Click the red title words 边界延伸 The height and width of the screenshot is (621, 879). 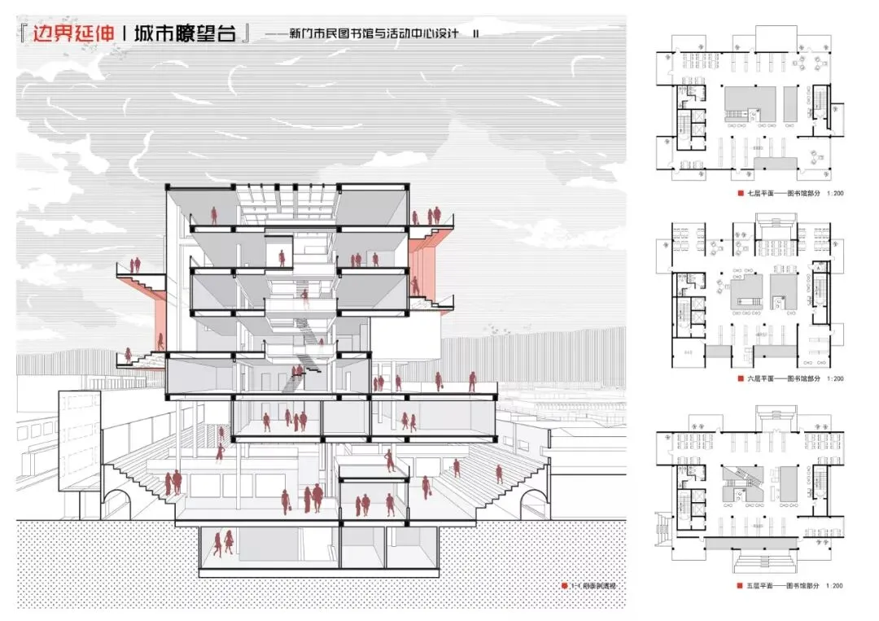(x=71, y=37)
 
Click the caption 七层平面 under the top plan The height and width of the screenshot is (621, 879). (x=757, y=194)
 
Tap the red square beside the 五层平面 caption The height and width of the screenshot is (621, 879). (x=739, y=586)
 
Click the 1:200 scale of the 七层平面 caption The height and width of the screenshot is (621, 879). (x=833, y=194)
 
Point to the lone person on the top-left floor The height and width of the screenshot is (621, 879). (x=214, y=216)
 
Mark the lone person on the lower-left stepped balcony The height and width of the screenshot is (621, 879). (x=128, y=354)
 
